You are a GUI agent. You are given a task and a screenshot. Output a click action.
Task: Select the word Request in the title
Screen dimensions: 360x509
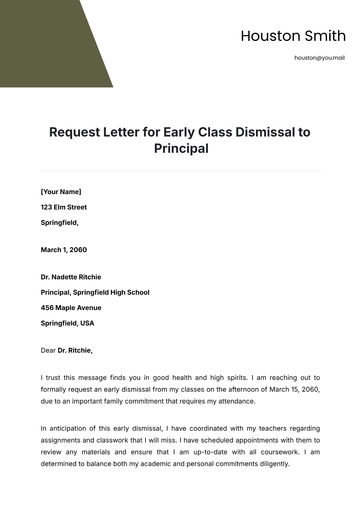76,131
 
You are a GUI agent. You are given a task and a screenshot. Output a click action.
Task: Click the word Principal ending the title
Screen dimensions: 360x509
180,149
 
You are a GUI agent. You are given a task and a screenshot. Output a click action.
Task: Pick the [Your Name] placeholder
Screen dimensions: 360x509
61,191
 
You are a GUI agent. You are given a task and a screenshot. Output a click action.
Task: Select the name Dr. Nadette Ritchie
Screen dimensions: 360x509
71,277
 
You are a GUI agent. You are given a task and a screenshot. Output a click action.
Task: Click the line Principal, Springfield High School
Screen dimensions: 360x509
95,292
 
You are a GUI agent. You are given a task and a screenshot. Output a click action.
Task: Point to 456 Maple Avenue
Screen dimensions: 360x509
71,308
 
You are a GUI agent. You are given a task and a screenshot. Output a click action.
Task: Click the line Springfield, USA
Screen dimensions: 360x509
68,324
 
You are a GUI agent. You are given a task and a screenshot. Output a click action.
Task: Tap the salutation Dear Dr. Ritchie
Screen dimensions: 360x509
67,350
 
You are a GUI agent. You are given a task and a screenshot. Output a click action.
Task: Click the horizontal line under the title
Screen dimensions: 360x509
180,171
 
